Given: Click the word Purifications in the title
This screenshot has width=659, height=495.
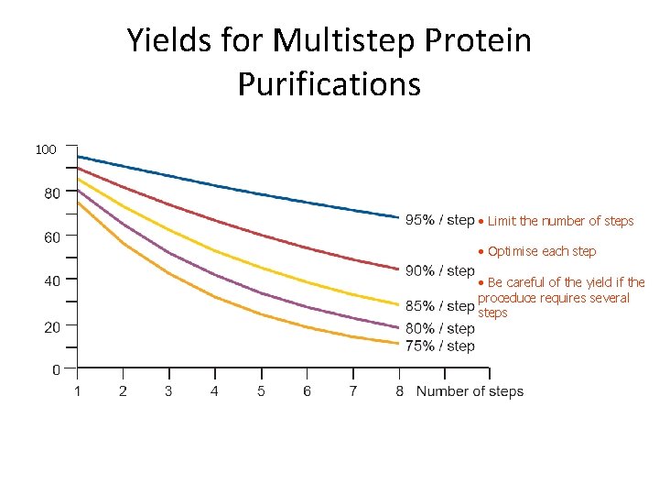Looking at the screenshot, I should [329, 83].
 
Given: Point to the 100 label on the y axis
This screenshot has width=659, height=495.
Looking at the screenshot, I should [46, 148].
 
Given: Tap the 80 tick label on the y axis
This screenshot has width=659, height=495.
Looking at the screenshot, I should [52, 193].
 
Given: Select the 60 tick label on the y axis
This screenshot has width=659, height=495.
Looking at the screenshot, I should [52, 237].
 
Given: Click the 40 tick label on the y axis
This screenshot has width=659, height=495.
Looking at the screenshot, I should [52, 281].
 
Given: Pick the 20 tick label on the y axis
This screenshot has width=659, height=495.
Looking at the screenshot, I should [52, 326].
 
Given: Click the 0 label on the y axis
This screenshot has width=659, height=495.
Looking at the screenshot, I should [56, 370].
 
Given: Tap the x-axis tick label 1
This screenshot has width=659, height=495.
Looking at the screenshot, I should [77, 391].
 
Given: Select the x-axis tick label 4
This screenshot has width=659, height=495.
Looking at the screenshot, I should [214, 391].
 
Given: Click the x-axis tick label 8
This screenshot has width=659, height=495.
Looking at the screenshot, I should [399, 391].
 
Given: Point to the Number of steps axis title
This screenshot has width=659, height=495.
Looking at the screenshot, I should [470, 391].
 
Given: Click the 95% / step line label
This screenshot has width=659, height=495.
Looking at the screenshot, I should [439, 220].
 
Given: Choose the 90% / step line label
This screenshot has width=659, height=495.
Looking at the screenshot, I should [439, 270].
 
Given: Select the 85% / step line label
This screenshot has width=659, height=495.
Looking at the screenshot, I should [439, 305].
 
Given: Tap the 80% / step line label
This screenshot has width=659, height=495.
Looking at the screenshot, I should [439, 328].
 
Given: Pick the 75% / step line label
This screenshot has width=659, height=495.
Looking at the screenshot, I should [439, 346].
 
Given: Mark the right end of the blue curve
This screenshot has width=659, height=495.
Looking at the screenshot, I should [399, 217].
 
